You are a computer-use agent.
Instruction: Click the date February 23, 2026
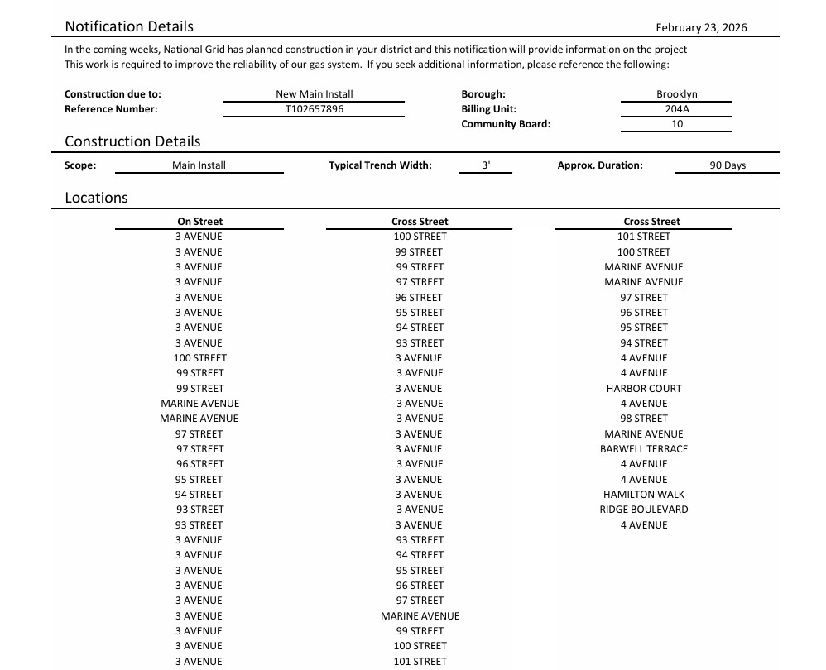click(x=700, y=27)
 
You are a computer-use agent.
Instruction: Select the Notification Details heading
click(x=129, y=26)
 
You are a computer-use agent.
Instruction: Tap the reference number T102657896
click(x=314, y=109)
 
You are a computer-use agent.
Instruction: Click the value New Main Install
click(x=314, y=94)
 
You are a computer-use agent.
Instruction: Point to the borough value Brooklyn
click(x=676, y=94)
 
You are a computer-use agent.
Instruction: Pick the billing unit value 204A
click(x=676, y=109)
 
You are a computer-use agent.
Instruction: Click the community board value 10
click(x=676, y=124)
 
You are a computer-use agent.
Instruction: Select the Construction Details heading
click(x=132, y=141)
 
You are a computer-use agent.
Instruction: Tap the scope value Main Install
click(x=199, y=165)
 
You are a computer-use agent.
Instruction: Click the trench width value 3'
click(x=485, y=165)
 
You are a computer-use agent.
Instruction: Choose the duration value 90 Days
click(x=727, y=165)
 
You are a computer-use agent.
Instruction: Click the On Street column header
click(x=199, y=222)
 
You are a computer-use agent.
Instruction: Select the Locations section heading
click(x=96, y=198)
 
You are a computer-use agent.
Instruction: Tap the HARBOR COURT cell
click(x=643, y=388)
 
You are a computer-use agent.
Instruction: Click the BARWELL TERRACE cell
click(x=643, y=449)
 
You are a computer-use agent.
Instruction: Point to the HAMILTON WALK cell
click(x=643, y=495)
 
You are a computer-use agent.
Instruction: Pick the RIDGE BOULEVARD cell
click(x=643, y=510)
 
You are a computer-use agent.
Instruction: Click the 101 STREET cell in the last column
click(x=643, y=237)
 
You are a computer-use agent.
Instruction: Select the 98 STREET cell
click(x=643, y=419)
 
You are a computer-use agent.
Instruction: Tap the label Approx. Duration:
click(x=599, y=165)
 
